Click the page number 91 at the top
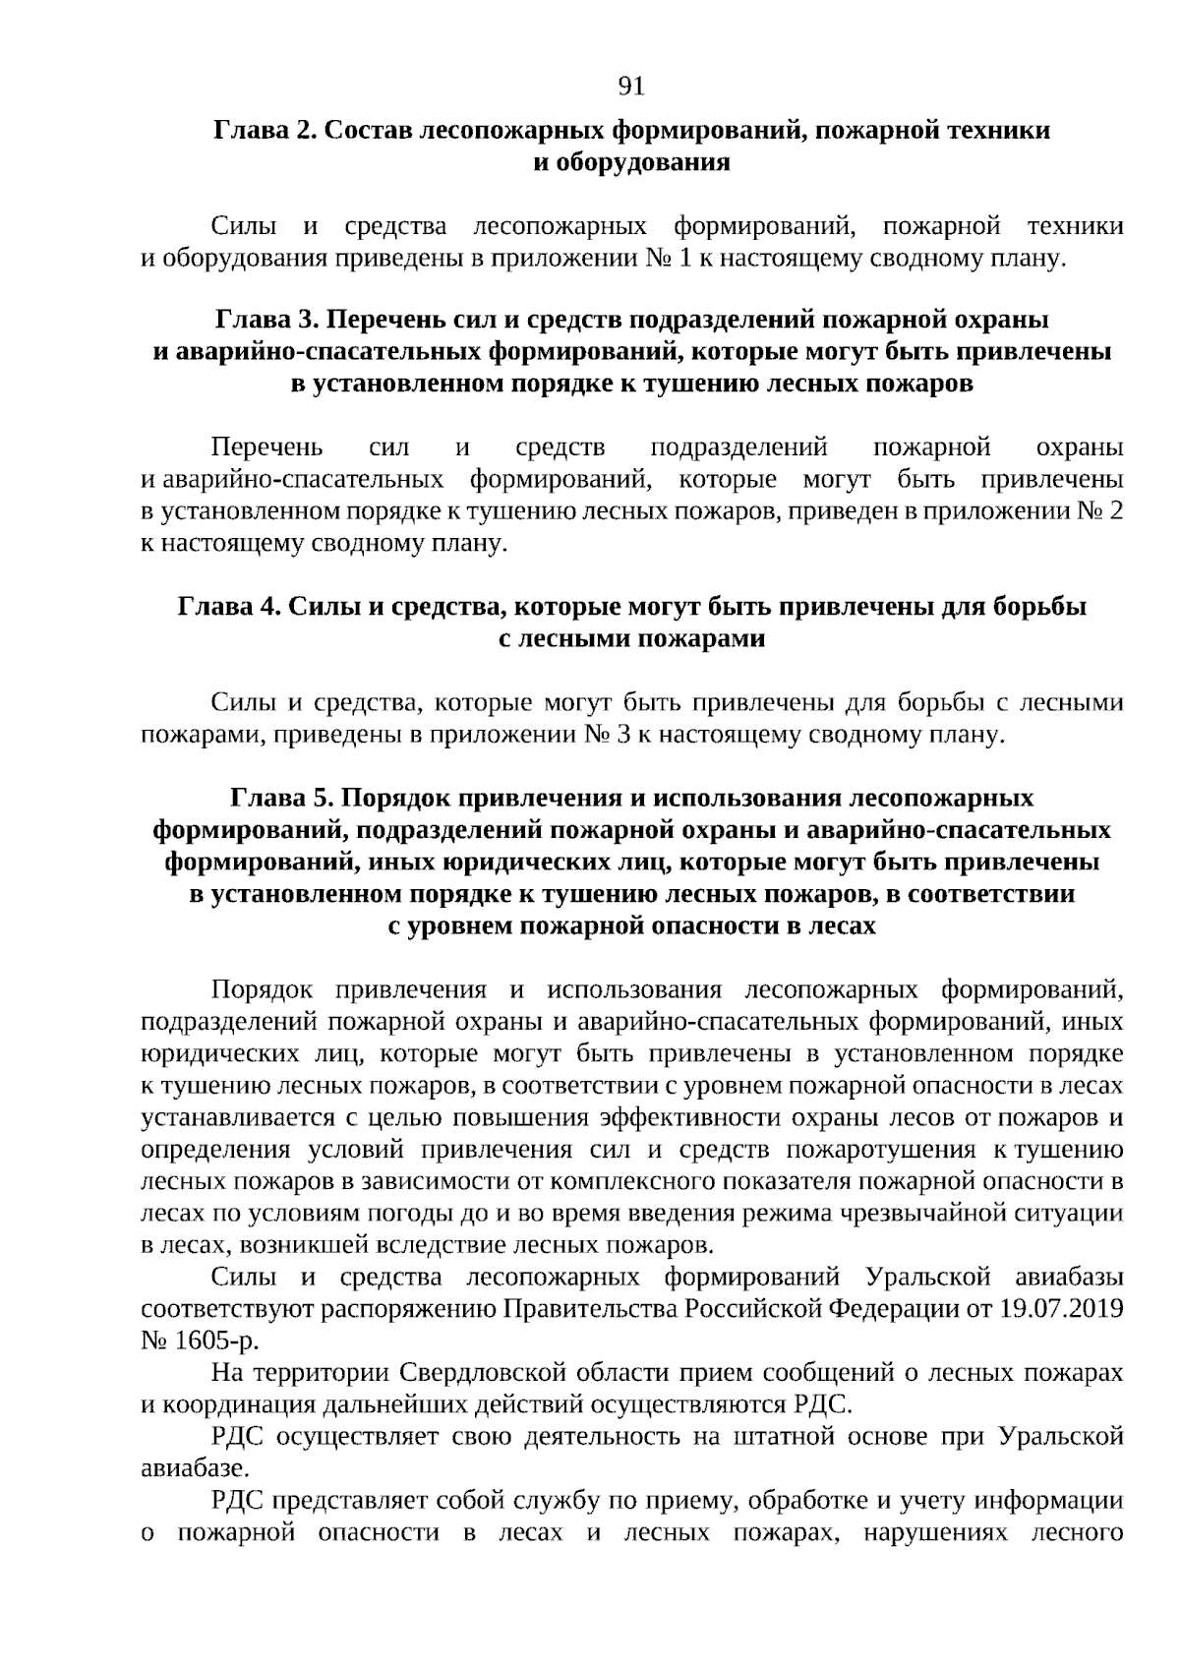pyautogui.click(x=630, y=87)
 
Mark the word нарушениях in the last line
pyautogui.click(x=931, y=1532)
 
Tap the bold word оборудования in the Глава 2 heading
pyautogui.click(x=631, y=162)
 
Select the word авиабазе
pyautogui.click(x=192, y=1468)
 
